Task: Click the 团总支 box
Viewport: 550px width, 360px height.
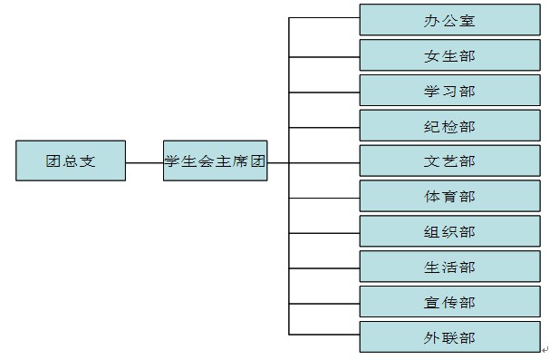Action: point(71,161)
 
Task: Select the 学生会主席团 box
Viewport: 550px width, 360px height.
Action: point(216,161)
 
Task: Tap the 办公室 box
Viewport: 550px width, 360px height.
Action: point(450,20)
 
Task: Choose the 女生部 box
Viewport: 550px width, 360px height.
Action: point(450,55)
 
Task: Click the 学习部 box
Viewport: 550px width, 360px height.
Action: point(450,90)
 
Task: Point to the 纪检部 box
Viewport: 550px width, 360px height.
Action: point(450,126)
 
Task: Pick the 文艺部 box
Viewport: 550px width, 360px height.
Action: point(450,161)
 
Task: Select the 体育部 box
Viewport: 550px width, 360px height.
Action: point(450,196)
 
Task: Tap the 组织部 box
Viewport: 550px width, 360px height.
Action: point(450,231)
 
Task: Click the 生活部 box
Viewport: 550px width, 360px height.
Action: point(450,267)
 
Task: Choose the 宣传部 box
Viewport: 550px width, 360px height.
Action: point(450,302)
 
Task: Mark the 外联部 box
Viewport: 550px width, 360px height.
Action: point(450,336)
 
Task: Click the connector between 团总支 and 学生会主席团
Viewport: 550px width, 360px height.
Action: point(144,163)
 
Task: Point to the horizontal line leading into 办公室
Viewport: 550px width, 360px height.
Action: point(324,17)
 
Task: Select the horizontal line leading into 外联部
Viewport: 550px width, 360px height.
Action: point(324,335)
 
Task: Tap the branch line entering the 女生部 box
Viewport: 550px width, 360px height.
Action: point(324,57)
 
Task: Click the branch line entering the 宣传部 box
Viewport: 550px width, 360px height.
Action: point(324,304)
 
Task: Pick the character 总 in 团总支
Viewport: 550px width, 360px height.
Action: point(71,161)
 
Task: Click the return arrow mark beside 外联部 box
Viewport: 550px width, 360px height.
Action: point(545,349)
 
